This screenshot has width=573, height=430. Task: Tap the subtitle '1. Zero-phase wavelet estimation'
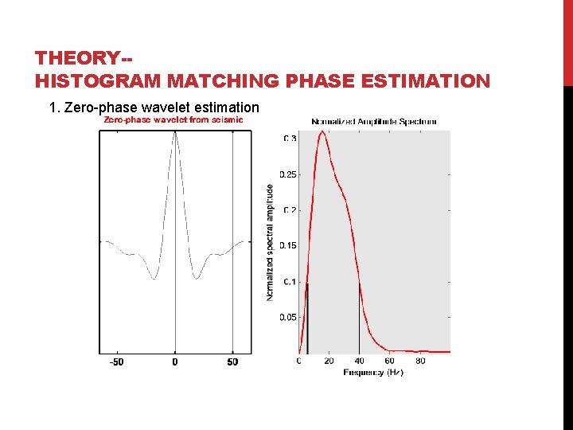[x=154, y=107]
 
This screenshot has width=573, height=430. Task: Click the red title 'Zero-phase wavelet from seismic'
[x=173, y=120]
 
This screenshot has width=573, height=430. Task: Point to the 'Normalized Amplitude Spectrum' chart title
[x=373, y=121]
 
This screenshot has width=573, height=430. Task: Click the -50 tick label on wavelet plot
[x=116, y=362]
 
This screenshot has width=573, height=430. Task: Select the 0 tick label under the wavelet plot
[x=175, y=362]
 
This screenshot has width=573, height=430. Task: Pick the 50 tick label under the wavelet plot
[x=232, y=362]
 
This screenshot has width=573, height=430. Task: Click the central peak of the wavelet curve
[x=175, y=133]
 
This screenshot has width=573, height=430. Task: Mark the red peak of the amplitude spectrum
[x=322, y=132]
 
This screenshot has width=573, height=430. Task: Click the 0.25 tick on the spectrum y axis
[x=288, y=174]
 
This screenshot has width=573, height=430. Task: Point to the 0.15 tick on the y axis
[x=288, y=245]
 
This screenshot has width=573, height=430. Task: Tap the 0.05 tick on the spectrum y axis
[x=288, y=317]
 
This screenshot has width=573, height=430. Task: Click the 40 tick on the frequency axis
[x=359, y=362]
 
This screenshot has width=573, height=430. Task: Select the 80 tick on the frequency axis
[x=420, y=362]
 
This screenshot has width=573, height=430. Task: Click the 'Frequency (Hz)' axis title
[x=373, y=373]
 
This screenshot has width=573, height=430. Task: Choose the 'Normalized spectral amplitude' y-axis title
[x=270, y=242]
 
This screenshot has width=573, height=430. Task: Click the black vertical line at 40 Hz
[x=359, y=319]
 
